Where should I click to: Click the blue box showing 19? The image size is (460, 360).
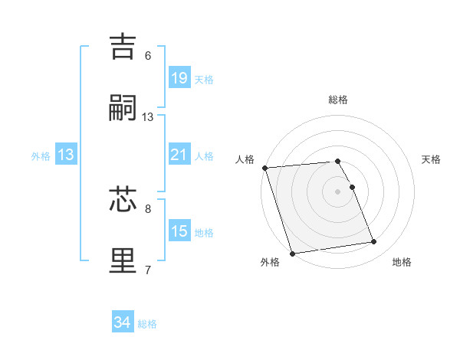tap(179, 78)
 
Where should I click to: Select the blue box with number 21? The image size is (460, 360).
tap(179, 155)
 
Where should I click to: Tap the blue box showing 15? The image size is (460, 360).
tap(179, 231)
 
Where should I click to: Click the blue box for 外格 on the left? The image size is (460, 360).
tap(66, 155)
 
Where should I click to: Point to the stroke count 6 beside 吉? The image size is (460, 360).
tap(148, 56)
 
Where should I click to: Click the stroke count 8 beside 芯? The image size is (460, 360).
tap(148, 208)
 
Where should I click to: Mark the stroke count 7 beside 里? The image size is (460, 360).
tap(148, 269)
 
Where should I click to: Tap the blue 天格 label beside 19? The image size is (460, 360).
tap(203, 79)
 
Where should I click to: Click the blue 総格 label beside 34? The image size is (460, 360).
tap(147, 324)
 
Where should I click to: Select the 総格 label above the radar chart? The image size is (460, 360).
tap(338, 100)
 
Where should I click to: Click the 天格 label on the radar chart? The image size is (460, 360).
tap(431, 159)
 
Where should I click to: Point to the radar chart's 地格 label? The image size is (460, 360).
tap(402, 262)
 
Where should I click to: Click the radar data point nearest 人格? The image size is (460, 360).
tap(264, 168)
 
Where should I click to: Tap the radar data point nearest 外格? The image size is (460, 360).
tap(292, 253)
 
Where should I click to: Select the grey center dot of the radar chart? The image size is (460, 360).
tap(338, 191)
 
